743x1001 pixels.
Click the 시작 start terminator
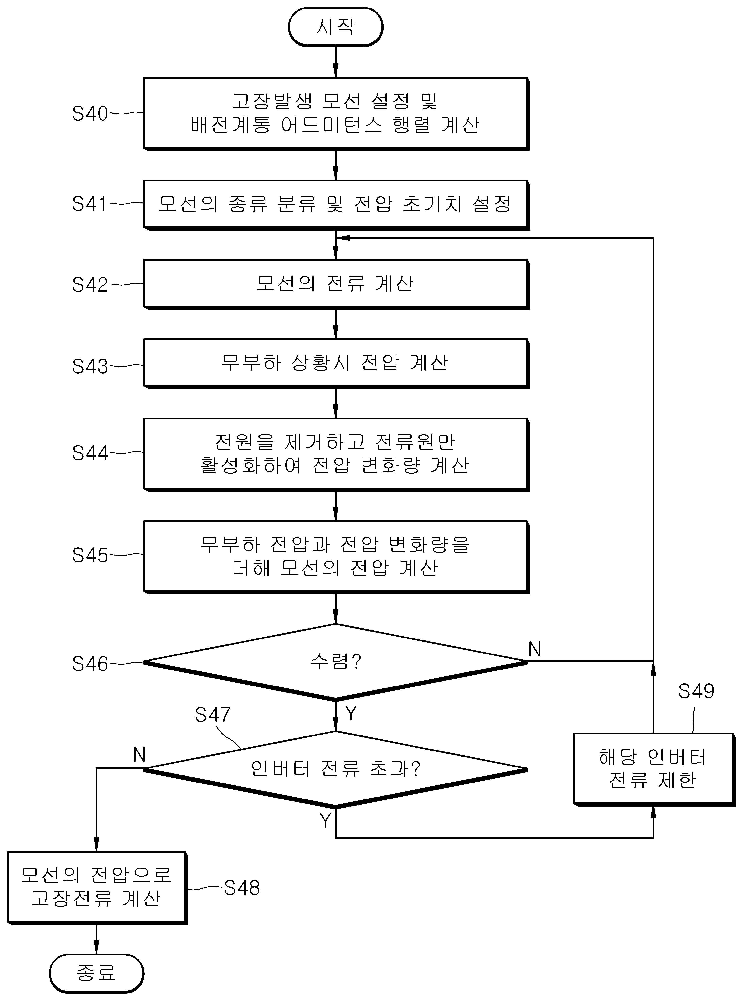click(x=335, y=27)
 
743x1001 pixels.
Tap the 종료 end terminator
click(x=96, y=973)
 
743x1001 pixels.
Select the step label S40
click(x=90, y=113)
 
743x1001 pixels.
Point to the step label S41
click(x=89, y=204)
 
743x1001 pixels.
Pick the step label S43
click(x=90, y=366)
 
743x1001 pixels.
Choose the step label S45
click(x=90, y=555)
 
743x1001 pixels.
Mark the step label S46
click(x=90, y=664)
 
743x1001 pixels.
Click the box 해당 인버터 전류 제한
click(x=654, y=769)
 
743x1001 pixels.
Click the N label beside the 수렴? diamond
click(x=534, y=649)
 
